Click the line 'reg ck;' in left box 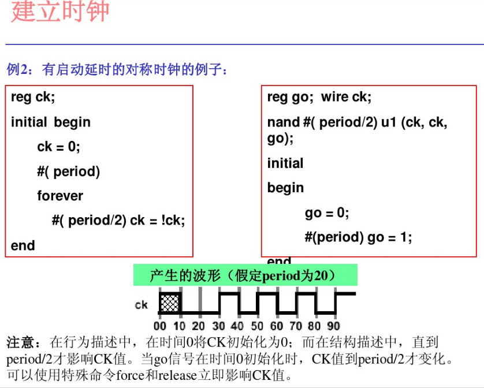pyautogui.click(x=33, y=97)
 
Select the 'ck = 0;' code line pyautogui.click(x=58, y=147)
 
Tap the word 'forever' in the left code pyautogui.click(x=60, y=196)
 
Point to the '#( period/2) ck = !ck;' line pyautogui.click(x=118, y=221)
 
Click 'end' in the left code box pyautogui.click(x=23, y=245)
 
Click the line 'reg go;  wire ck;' pyautogui.click(x=319, y=97)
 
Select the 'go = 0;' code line pyautogui.click(x=327, y=213)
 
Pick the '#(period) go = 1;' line pyautogui.click(x=358, y=238)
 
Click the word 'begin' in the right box pyautogui.click(x=285, y=188)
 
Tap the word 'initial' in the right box pyautogui.click(x=285, y=163)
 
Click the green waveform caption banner pyautogui.click(x=245, y=275)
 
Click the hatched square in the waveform pyautogui.click(x=169, y=303)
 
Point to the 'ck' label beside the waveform pyautogui.click(x=142, y=304)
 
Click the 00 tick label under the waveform pyautogui.click(x=160, y=326)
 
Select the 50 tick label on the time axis pyautogui.click(x=258, y=326)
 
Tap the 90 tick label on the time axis pyautogui.click(x=334, y=326)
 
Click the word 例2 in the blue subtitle pyautogui.click(x=17, y=70)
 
